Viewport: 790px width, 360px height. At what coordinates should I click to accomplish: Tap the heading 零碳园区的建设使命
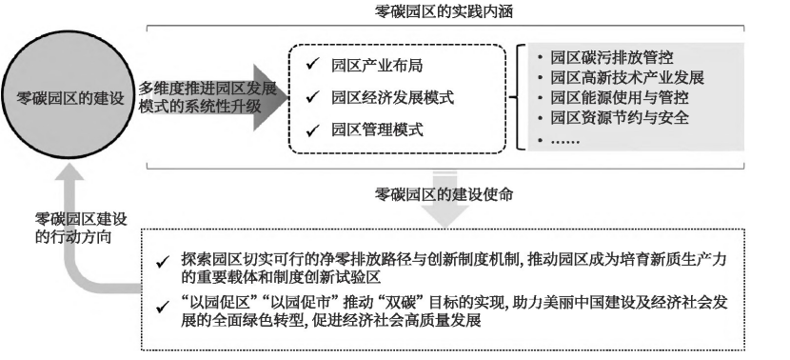[444, 194]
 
